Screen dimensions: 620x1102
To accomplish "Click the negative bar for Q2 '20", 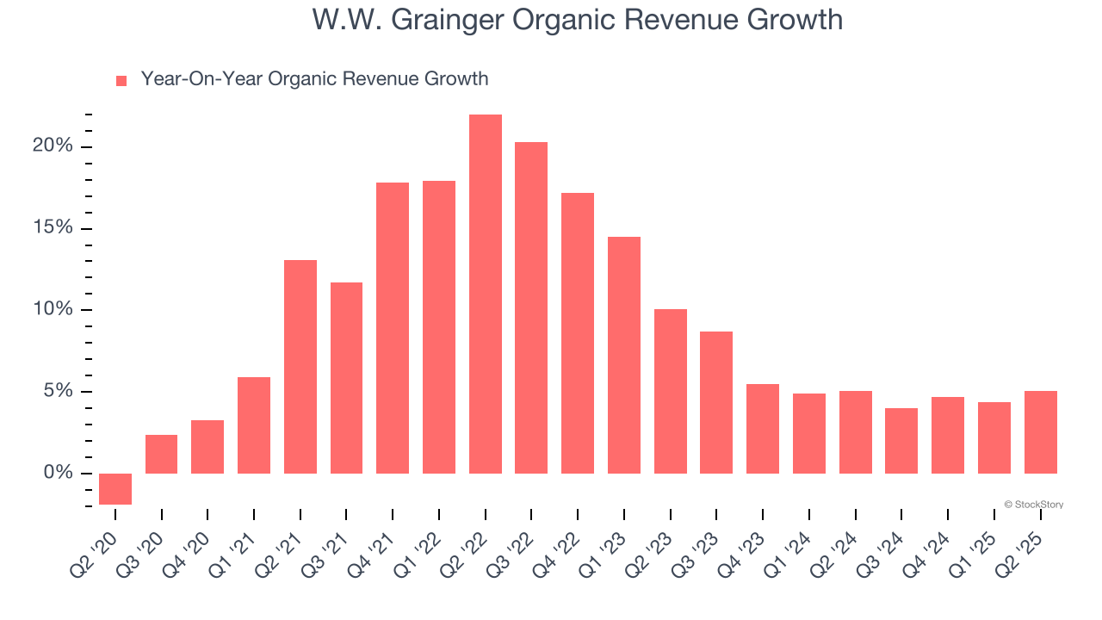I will tap(115, 488).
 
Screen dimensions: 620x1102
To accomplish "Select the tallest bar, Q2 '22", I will tap(486, 294).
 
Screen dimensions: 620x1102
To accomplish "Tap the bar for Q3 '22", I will tap(531, 307).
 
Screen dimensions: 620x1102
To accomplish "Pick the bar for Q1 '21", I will tap(254, 425).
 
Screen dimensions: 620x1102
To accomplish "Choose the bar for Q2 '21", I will tap(300, 367).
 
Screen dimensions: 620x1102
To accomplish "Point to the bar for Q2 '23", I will tap(671, 391).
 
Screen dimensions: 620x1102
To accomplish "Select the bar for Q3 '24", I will tap(901, 441).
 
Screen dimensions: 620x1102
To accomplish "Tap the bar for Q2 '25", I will tap(1041, 432).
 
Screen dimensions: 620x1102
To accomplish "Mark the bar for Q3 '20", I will tap(162, 454).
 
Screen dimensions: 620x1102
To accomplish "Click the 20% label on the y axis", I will tap(53, 146).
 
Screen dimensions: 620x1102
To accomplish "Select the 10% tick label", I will tap(53, 309).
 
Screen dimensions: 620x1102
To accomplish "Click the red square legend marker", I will tap(121, 81).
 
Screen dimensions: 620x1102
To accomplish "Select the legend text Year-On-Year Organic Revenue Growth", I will tap(314, 79).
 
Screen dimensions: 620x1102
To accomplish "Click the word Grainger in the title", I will tap(449, 20).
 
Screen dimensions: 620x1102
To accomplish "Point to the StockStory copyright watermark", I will tap(1033, 505).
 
